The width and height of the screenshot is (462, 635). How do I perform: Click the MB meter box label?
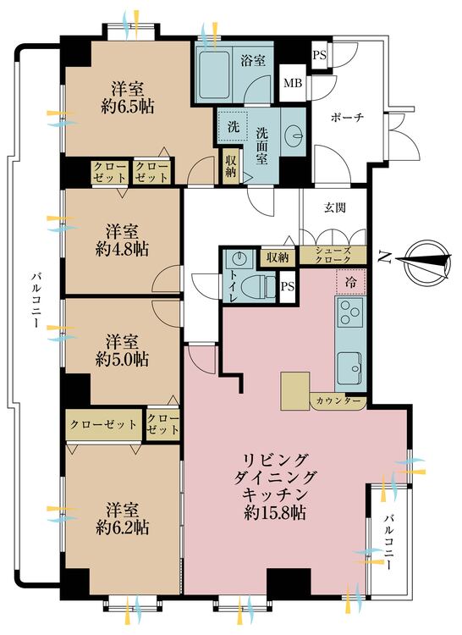[x=293, y=83]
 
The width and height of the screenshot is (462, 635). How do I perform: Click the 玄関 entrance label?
[x=334, y=207]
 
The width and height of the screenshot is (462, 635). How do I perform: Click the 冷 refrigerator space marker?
[x=351, y=279]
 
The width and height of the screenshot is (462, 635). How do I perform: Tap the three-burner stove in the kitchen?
[x=350, y=315]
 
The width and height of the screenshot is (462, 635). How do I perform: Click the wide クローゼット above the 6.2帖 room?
[x=104, y=423]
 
